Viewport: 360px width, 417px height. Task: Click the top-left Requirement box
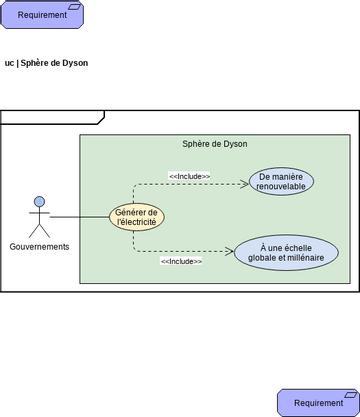[x=42, y=15]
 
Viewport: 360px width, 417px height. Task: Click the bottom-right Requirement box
[x=318, y=402]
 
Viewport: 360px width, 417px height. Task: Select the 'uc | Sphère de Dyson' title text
[x=46, y=63]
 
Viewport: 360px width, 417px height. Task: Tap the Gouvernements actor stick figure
[x=39, y=217]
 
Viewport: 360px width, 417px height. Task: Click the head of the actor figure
[x=39, y=201]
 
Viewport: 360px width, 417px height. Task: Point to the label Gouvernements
[x=40, y=247]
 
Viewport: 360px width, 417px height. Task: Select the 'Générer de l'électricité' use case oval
[x=137, y=217]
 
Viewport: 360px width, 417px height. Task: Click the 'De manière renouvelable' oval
[x=281, y=181]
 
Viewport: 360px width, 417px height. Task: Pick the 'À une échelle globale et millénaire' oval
[x=286, y=252]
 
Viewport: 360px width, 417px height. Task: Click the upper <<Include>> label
[x=189, y=176]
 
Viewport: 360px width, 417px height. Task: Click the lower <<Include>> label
[x=181, y=261]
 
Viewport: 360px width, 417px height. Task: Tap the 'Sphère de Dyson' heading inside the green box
[x=214, y=144]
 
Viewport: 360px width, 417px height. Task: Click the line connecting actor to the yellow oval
[x=80, y=217]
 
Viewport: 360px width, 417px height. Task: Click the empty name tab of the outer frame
[x=50, y=117]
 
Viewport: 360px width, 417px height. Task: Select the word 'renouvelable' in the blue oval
[x=281, y=187]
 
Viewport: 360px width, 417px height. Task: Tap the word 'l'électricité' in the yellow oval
[x=137, y=223]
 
